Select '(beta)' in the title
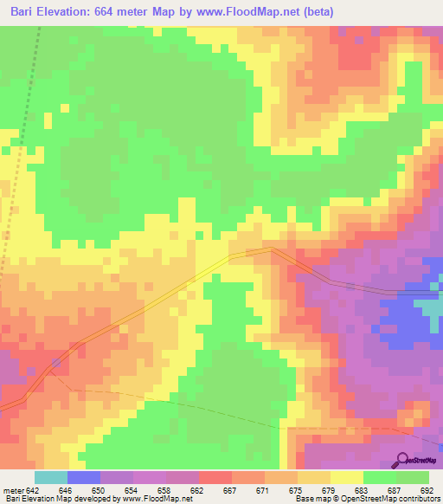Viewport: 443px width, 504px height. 317,12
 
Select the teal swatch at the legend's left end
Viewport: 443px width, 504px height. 51,477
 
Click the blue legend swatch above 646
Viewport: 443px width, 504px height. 84,477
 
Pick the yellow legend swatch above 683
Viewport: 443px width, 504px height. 347,477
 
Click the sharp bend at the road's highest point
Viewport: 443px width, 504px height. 272,249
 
